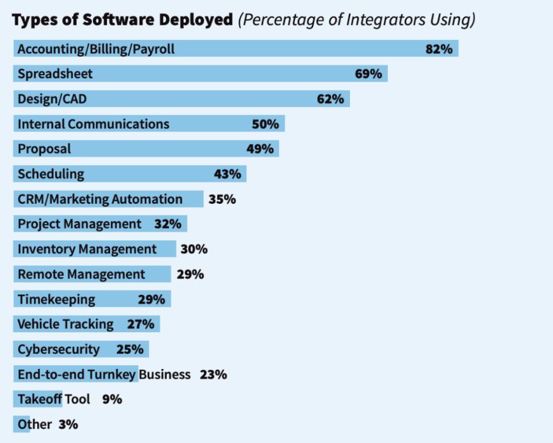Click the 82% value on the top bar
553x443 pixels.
tap(438, 49)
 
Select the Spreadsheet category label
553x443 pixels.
tap(55, 74)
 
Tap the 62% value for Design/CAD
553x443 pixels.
tap(330, 99)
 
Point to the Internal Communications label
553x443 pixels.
tap(93, 124)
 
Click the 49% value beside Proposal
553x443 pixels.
tap(260, 149)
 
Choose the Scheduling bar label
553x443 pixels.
tap(51, 174)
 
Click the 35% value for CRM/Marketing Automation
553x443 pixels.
tap(222, 199)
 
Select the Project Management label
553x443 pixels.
tap(80, 224)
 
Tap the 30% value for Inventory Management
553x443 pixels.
tap(194, 249)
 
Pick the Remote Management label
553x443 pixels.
tap(81, 274)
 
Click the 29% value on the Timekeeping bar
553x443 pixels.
tap(151, 299)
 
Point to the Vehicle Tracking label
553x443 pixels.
tap(65, 325)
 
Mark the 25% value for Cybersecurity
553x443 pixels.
tap(130, 349)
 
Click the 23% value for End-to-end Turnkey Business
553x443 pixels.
tap(213, 375)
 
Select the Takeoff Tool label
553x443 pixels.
tap(54, 399)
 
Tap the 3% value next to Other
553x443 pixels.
tap(68, 425)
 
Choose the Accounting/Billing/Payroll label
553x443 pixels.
tap(96, 49)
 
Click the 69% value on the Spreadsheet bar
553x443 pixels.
tap(368, 74)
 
